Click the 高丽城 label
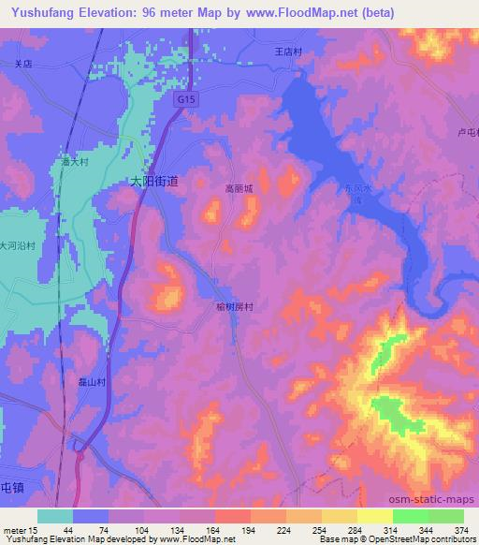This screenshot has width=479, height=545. [239, 187]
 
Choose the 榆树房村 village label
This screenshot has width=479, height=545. [236, 306]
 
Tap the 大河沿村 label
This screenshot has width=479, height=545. [18, 245]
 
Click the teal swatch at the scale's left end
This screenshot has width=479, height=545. [55, 516]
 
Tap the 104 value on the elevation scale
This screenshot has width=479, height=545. [144, 530]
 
